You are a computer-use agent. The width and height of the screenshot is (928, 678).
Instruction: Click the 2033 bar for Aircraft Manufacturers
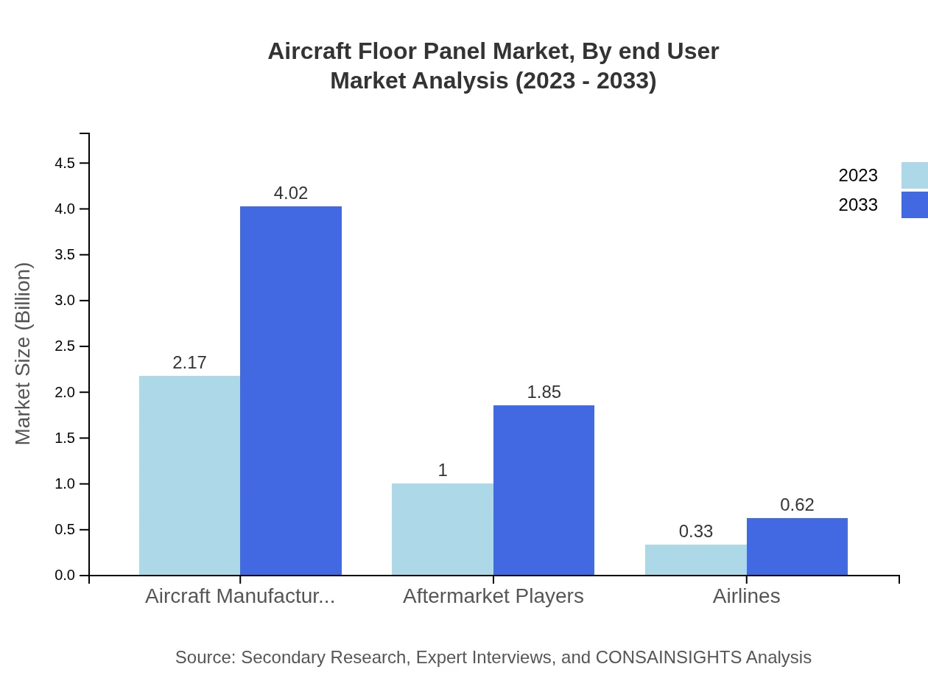click(291, 391)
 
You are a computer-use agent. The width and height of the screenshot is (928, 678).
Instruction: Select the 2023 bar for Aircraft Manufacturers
click(189, 475)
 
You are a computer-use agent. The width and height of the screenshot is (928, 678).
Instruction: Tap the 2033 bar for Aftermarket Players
click(544, 490)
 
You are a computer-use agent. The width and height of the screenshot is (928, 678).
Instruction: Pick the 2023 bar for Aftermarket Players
click(443, 529)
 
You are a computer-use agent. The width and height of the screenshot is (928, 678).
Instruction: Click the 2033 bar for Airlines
click(797, 547)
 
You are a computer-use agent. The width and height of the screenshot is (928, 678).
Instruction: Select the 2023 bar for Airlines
click(696, 560)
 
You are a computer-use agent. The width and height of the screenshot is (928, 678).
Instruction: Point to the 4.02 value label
click(291, 193)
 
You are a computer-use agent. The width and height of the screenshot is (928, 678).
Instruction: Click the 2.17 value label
click(189, 363)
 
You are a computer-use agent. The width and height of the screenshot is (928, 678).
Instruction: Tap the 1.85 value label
click(544, 392)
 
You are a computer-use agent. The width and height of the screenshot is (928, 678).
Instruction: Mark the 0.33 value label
click(696, 531)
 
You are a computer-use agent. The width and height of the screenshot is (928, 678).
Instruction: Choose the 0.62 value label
click(797, 505)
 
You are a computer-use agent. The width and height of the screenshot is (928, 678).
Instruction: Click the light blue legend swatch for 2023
click(914, 175)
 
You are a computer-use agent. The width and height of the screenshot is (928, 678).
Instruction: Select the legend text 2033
click(858, 205)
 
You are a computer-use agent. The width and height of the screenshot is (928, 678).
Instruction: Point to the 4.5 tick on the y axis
click(65, 163)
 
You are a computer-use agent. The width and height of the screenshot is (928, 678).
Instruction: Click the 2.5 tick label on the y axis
click(65, 346)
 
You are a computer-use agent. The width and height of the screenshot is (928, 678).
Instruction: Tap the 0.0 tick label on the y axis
click(65, 576)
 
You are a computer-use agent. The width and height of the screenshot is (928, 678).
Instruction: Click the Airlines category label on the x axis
click(746, 595)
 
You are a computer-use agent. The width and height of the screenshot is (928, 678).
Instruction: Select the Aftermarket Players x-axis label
click(493, 595)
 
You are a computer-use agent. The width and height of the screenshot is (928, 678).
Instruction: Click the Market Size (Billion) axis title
click(23, 354)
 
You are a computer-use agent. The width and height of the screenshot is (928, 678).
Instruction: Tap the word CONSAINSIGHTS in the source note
click(668, 657)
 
